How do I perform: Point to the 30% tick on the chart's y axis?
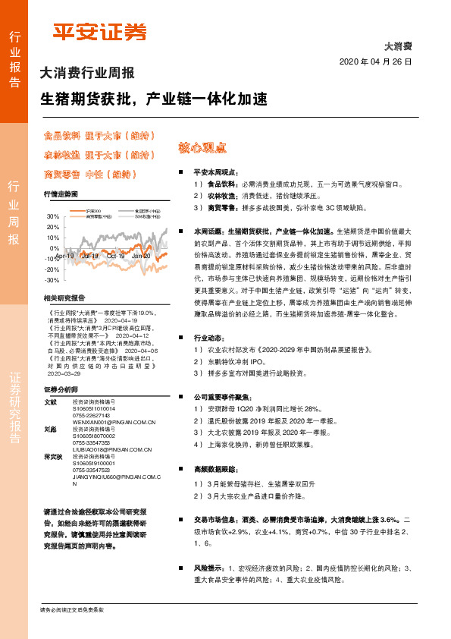(x=53, y=216)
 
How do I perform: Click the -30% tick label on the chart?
(x=53, y=280)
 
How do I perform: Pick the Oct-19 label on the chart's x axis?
(x=116, y=257)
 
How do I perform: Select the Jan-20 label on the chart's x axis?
(x=141, y=257)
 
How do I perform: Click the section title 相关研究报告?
(x=64, y=298)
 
